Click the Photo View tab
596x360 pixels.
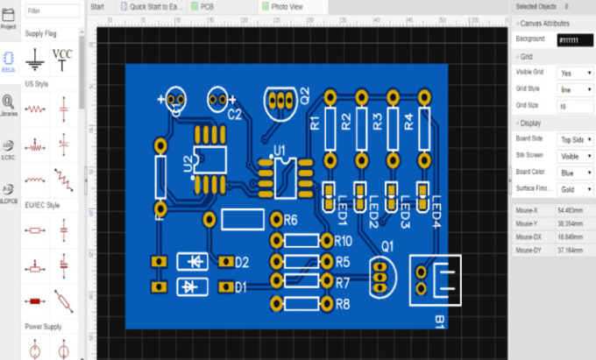click(x=287, y=6)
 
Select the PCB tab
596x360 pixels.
click(x=206, y=6)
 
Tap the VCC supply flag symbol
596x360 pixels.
click(x=62, y=57)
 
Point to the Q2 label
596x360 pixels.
click(x=304, y=93)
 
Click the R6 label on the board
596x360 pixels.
click(x=292, y=219)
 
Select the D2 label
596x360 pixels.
click(x=242, y=262)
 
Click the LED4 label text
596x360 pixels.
click(x=435, y=210)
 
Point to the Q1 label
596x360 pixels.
click(x=387, y=247)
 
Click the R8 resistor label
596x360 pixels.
click(x=342, y=304)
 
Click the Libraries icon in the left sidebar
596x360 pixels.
click(x=8, y=104)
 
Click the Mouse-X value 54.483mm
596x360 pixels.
click(x=571, y=211)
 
